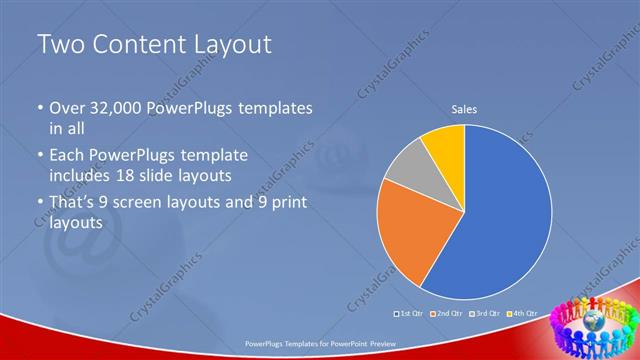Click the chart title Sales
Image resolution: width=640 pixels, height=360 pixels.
[x=464, y=108]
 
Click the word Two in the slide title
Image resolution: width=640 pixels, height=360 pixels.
[x=62, y=44]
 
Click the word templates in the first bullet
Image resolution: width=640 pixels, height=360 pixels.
[x=275, y=108]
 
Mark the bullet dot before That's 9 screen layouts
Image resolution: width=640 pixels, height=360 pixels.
[x=39, y=205]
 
